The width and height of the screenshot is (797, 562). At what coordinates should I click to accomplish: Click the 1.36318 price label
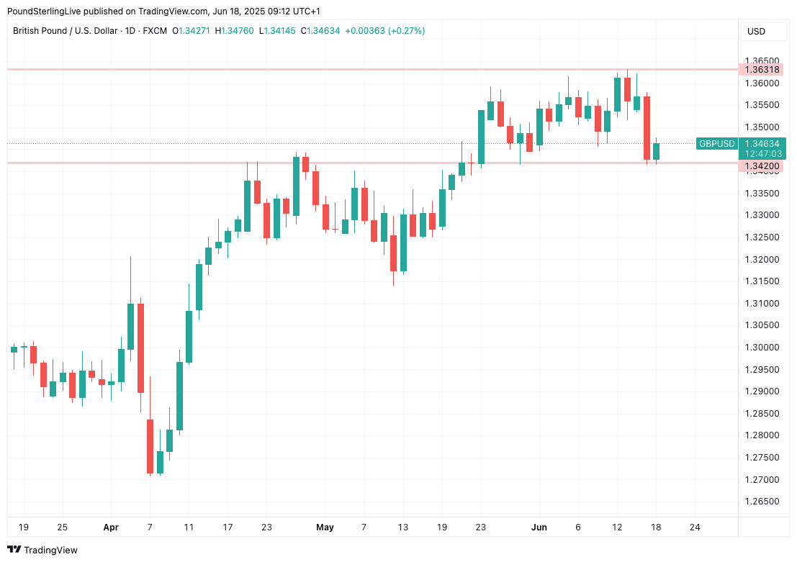tap(762, 70)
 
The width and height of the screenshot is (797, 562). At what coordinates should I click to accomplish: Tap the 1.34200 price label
tap(762, 166)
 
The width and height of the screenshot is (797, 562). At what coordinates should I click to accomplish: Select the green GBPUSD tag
tap(717, 144)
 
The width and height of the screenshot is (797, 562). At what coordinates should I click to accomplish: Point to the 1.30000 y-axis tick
tap(762, 348)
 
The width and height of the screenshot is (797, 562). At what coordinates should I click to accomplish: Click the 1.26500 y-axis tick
tap(762, 502)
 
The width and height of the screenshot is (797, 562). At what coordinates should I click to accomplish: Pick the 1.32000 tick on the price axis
tap(762, 259)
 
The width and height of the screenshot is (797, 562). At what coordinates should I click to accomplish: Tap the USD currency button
tap(756, 32)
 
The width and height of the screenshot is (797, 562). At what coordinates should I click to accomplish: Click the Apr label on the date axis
tap(110, 527)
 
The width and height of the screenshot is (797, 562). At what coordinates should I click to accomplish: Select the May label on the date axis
tap(325, 527)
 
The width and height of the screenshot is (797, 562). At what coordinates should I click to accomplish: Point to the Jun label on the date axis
tap(539, 527)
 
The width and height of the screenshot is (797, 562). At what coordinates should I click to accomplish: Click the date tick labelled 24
tap(695, 527)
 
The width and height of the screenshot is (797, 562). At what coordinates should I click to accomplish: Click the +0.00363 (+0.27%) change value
tap(385, 31)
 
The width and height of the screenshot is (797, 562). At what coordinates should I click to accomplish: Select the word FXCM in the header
tap(155, 31)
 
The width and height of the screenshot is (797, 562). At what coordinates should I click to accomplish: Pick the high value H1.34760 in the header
tap(234, 31)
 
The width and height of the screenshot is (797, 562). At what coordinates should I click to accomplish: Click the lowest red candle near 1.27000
tap(150, 446)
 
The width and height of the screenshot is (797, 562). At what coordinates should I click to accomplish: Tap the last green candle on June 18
tap(656, 151)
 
